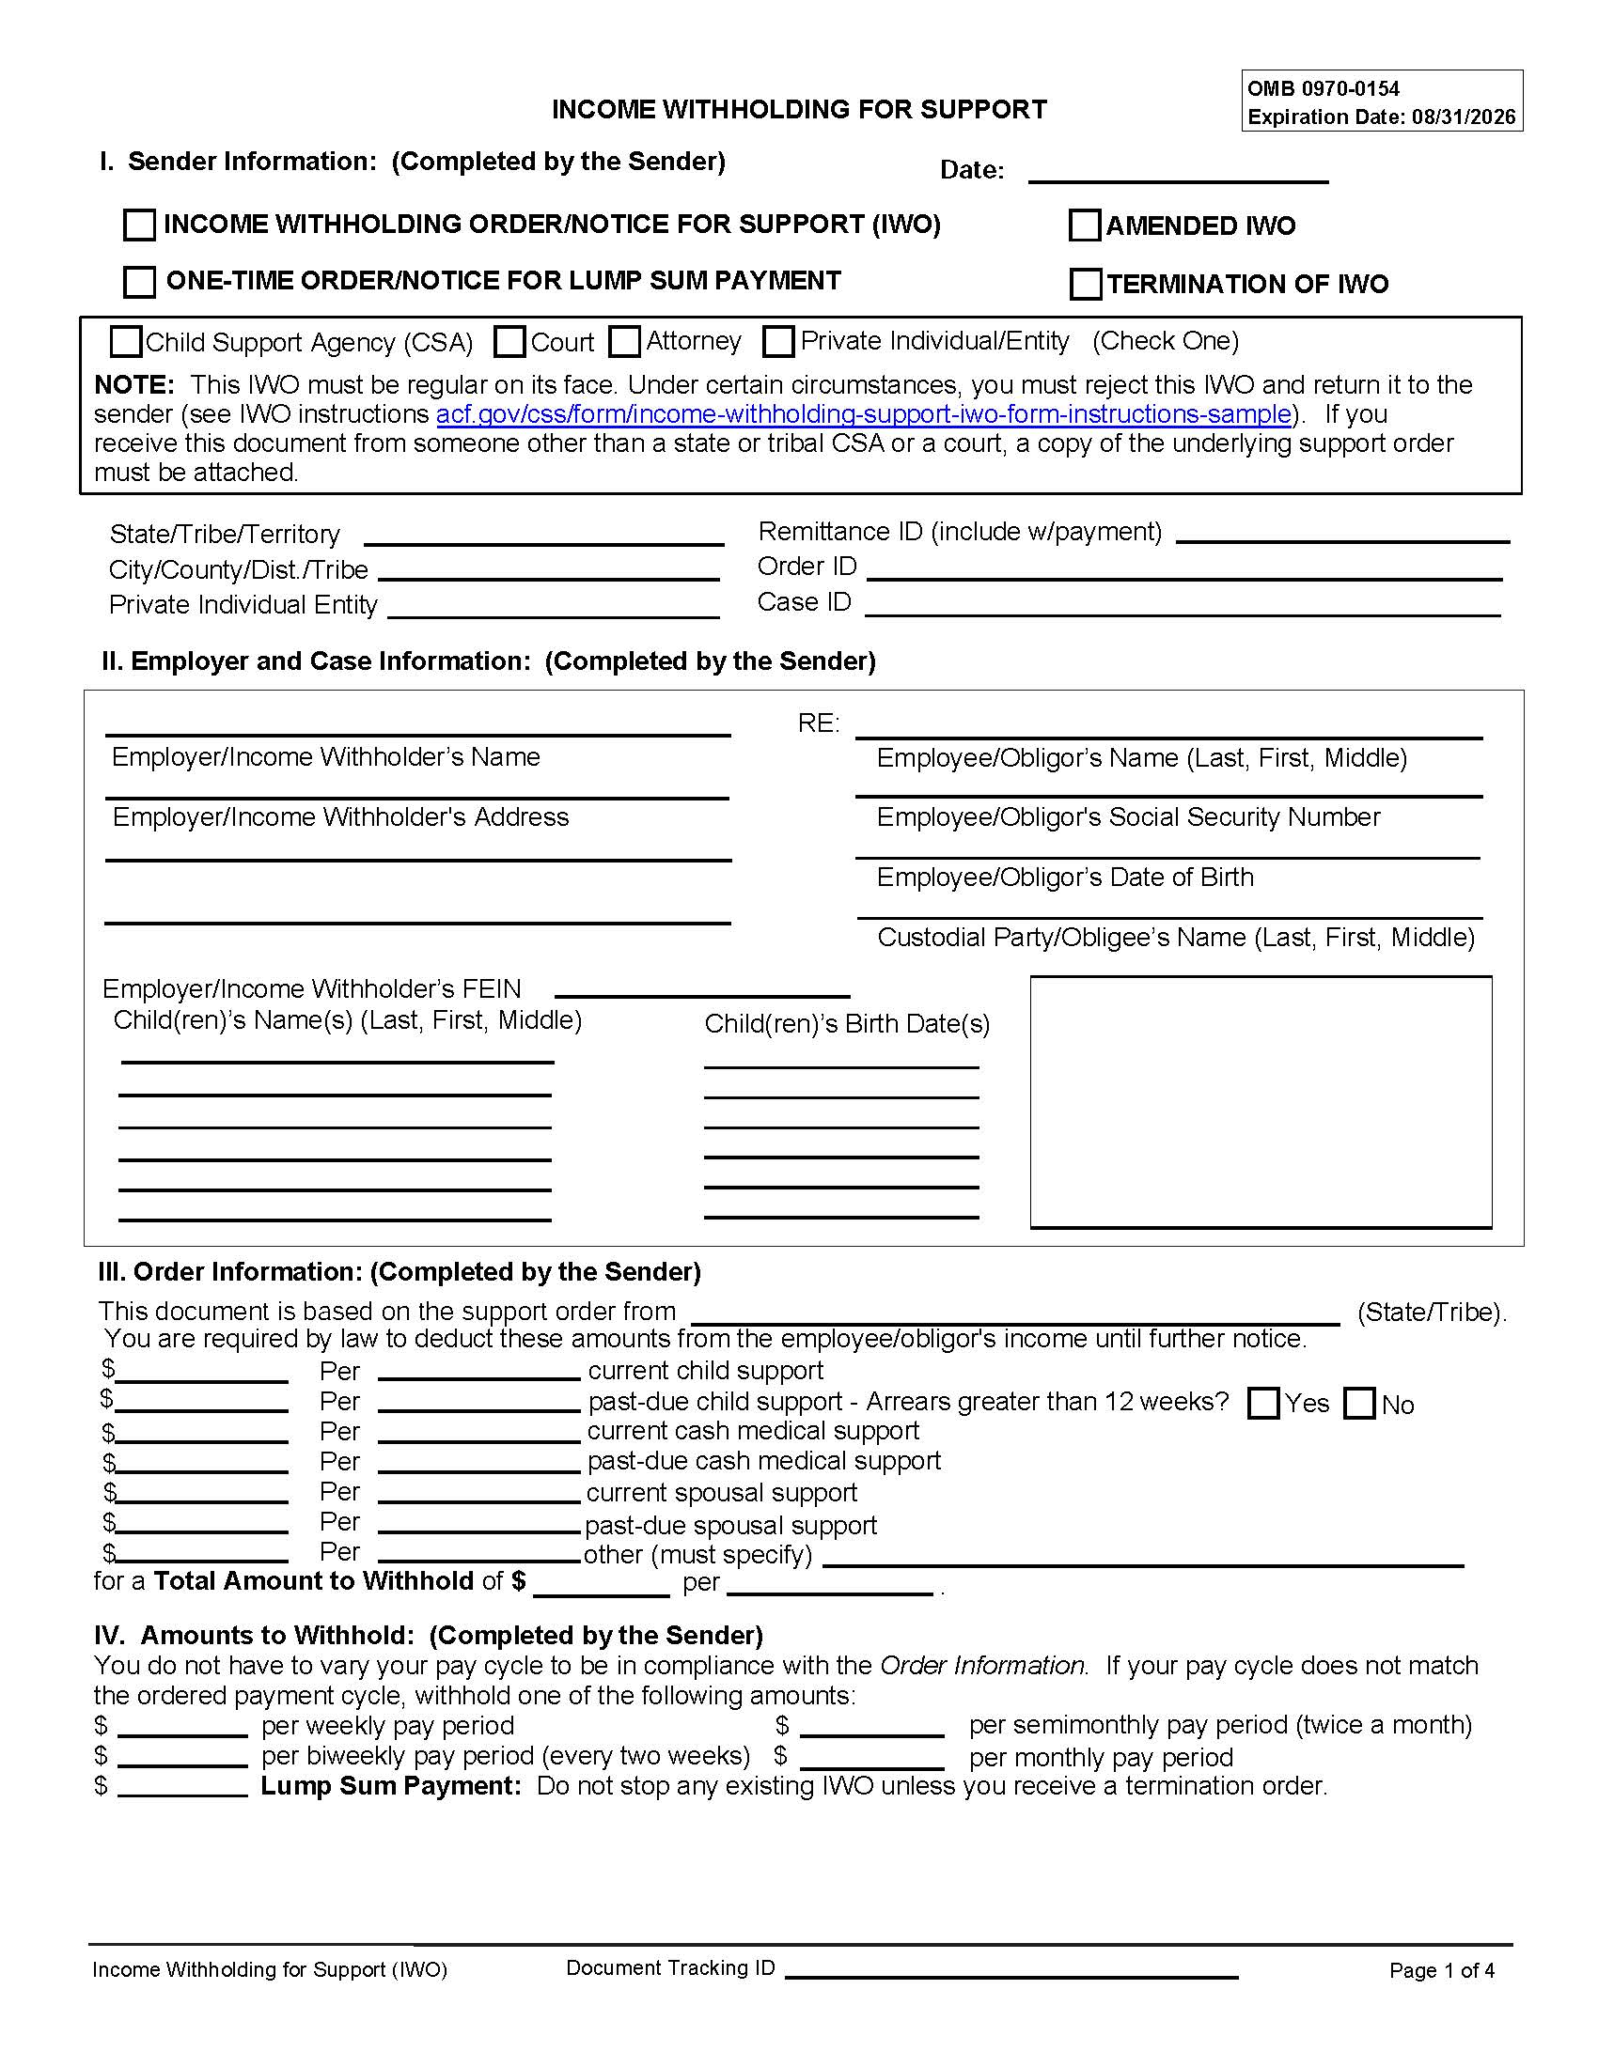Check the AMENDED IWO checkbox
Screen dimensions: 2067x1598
tap(1084, 225)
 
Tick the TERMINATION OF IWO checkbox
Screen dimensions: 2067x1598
tap(1085, 284)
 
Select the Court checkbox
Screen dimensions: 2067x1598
tap(509, 342)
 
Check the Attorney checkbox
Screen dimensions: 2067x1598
tap(624, 342)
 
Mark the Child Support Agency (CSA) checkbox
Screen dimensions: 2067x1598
tap(126, 342)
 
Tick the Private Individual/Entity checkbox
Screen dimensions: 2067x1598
tap(778, 342)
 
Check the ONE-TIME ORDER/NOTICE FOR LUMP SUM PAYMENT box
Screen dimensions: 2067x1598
tap(140, 281)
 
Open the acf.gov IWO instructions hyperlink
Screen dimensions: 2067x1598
tap(863, 414)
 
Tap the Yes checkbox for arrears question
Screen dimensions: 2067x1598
tap(1262, 1403)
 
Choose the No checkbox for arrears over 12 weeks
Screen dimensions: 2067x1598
tap(1359, 1403)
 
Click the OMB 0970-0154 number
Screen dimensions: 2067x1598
tap(1323, 89)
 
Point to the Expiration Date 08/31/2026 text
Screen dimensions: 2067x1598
tap(1381, 117)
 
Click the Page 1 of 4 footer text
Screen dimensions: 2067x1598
tap(1441, 1970)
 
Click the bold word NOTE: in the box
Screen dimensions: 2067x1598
tap(133, 385)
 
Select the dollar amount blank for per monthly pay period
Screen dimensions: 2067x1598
tap(872, 1759)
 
